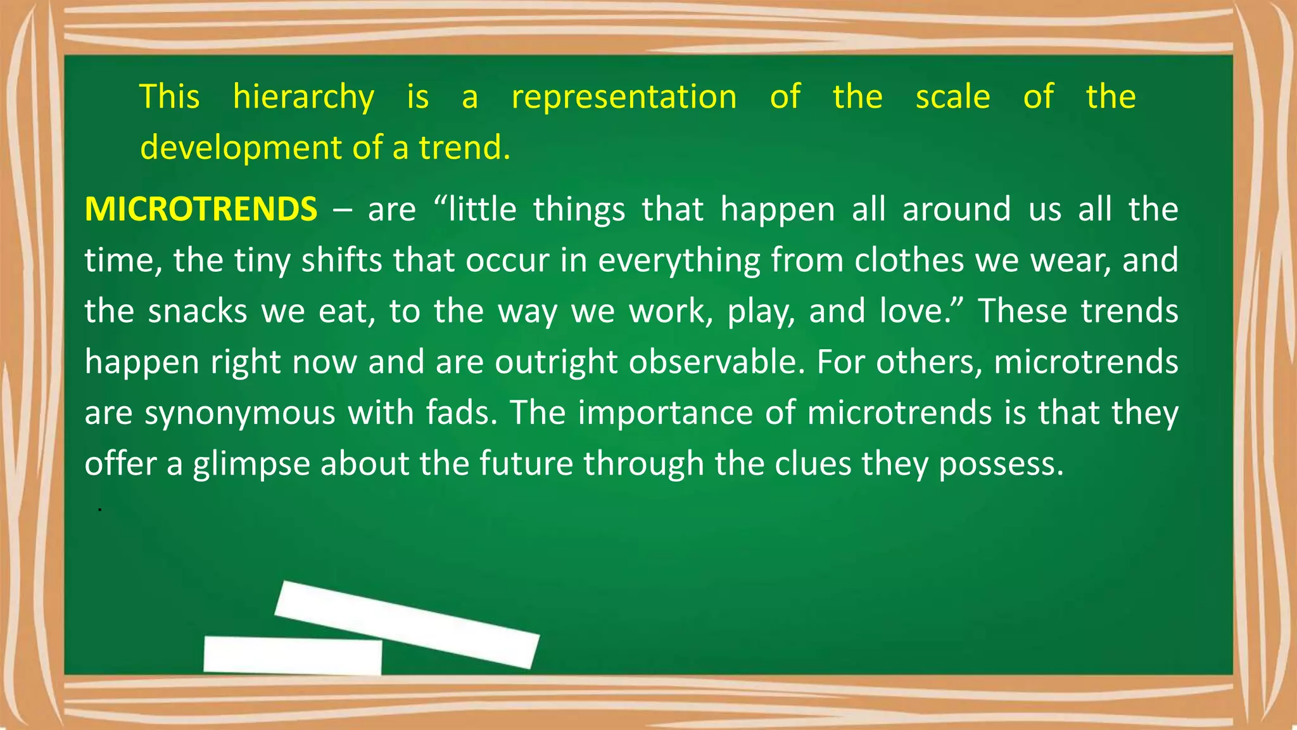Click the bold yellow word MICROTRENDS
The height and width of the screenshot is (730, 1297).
click(201, 210)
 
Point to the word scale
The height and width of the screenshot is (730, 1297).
click(952, 97)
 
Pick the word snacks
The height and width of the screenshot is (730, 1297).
click(197, 311)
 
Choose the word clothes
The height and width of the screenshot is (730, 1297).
click(909, 260)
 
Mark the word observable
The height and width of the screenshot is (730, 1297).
click(716, 362)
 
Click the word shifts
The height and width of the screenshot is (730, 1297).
click(341, 260)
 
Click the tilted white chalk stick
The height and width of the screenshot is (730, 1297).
click(407, 624)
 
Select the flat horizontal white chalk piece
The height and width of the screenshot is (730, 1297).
click(293, 655)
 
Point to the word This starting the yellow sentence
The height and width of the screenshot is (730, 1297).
click(170, 97)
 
